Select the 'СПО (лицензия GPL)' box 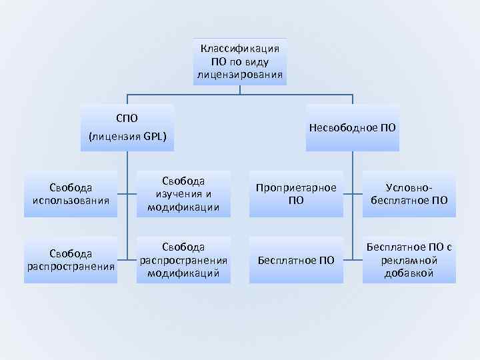tap(127, 127)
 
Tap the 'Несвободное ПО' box tap(353, 127)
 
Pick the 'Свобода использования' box tap(71, 194)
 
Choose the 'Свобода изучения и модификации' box tap(183, 194)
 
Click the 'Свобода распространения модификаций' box tap(183, 260)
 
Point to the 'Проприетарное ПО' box tap(296, 194)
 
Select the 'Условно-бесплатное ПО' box tap(409, 194)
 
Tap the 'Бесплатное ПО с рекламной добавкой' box tap(409, 260)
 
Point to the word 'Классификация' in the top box tap(240, 49)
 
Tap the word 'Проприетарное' tap(296, 188)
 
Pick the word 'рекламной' tap(409, 260)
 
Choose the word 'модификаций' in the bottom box tap(183, 273)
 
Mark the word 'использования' tap(71, 200)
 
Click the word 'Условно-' tap(409, 188)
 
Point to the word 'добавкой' tap(409, 273)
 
